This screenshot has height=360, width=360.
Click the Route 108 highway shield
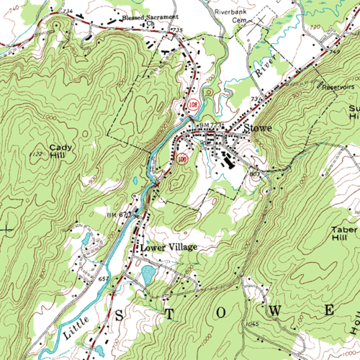192,106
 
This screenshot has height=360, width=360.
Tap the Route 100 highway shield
182,158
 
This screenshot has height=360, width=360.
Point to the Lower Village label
168,247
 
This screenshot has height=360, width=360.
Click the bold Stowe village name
258,129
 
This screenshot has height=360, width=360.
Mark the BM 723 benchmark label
213,125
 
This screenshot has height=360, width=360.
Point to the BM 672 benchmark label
120,215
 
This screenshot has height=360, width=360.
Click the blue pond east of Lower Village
148,274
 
